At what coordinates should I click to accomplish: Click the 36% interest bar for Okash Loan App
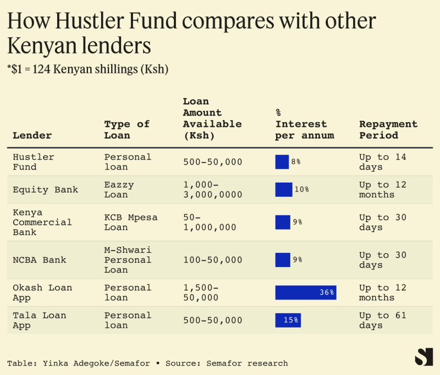305,292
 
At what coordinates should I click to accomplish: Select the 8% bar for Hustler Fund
282,162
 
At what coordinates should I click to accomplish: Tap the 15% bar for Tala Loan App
288,320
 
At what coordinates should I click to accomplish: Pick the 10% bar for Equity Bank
283,189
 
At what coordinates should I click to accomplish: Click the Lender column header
32,135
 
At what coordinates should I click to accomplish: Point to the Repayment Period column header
388,129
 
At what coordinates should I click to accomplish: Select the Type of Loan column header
127,129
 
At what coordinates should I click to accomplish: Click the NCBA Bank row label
39,260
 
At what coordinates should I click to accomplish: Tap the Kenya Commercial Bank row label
42,222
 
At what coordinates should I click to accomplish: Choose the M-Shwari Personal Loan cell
128,260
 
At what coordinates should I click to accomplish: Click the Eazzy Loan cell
119,189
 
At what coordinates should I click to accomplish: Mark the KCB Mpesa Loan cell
130,222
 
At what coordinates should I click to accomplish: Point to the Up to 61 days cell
383,320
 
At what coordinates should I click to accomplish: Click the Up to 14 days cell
383,162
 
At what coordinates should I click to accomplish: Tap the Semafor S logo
424,357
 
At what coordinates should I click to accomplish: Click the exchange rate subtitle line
88,69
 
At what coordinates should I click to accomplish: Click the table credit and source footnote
147,363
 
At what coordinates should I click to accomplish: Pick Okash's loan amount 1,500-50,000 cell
201,292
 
